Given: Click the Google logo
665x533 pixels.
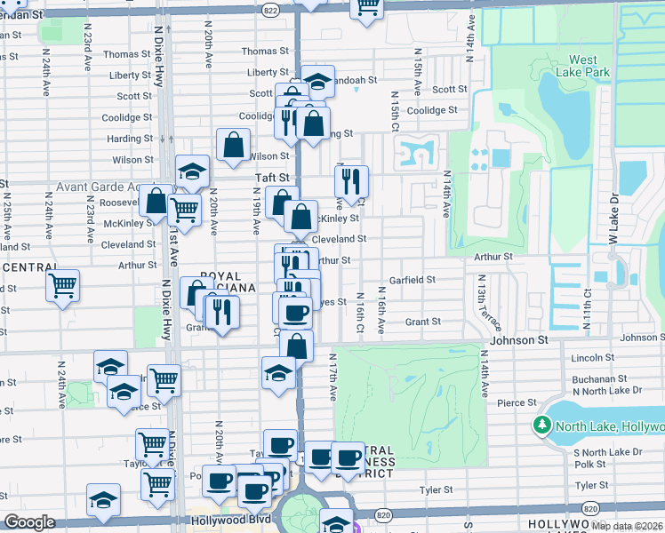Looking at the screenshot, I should pos(30,522).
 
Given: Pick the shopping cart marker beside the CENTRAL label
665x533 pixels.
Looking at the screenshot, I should pos(63,286).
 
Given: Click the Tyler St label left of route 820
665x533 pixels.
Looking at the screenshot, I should pos(436,489).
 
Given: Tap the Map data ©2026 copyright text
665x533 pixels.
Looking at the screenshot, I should pos(628,525).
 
